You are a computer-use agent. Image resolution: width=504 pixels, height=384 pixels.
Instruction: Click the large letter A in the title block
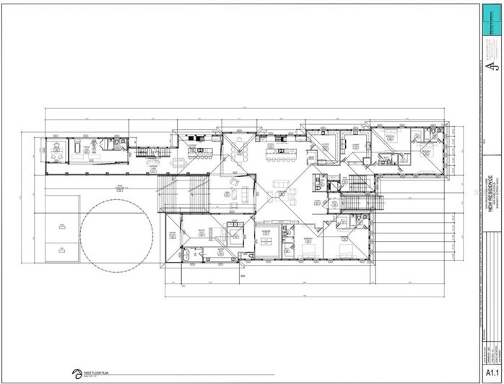[491, 68]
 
